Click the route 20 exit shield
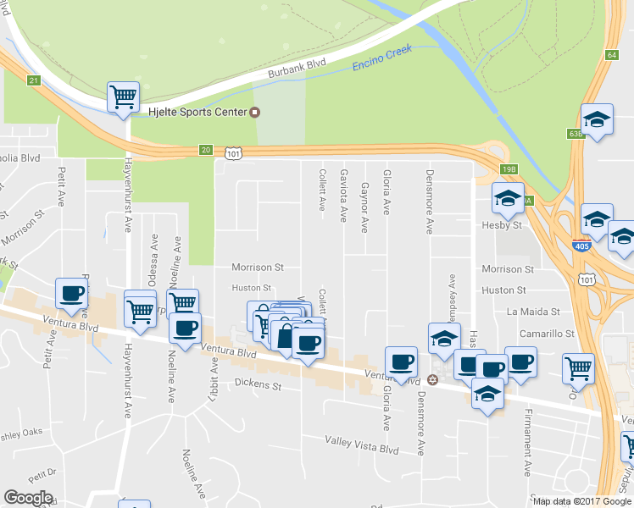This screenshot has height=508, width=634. pos(206,150)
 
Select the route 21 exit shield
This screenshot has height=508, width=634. pos(33,80)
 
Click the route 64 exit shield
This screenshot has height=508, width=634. pos(611,55)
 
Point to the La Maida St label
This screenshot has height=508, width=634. pos(533,312)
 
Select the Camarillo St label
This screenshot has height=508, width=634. pos(547,334)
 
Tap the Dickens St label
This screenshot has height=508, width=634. pos(258,384)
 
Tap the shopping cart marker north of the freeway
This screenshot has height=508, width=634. pos(124,97)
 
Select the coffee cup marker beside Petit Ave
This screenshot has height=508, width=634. pos(71,294)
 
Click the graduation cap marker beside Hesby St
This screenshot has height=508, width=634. pos(509,199)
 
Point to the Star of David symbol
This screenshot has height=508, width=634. pos(433,378)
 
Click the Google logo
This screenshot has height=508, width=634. pos(28,498)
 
